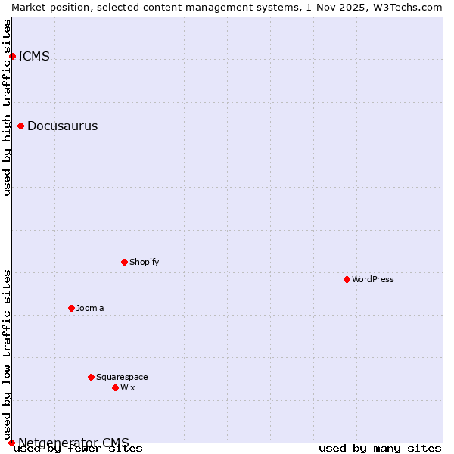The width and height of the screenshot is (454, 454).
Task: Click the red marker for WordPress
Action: click(347, 279)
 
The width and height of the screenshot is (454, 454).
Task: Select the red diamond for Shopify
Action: click(124, 262)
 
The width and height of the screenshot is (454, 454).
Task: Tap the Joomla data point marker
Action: click(71, 308)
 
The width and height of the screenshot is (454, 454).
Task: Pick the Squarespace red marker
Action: click(91, 377)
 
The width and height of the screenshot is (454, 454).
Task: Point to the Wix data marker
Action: click(115, 387)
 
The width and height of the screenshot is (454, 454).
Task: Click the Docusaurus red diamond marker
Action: click(20, 126)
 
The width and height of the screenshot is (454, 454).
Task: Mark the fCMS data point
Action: click(12, 56)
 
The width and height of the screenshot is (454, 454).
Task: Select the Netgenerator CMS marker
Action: click(11, 443)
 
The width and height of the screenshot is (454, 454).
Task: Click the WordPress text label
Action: click(373, 279)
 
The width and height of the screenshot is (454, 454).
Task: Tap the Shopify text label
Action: click(144, 262)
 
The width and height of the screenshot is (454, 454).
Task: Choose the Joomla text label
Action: click(90, 308)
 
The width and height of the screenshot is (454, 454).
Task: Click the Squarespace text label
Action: click(122, 377)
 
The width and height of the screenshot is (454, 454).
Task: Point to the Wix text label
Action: click(127, 387)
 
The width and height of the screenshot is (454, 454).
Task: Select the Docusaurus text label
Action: click(62, 126)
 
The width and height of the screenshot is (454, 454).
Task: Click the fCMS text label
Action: click(34, 56)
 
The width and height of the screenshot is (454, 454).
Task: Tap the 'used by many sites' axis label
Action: click(380, 449)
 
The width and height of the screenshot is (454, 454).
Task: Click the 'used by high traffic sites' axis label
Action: click(7, 107)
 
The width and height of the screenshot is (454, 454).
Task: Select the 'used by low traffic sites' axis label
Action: click(7, 354)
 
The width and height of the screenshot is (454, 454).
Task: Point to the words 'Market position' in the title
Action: click(47, 7)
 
